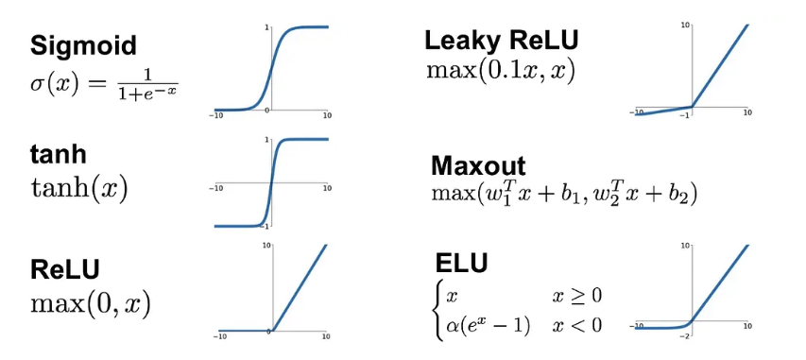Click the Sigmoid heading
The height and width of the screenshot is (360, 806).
click(84, 45)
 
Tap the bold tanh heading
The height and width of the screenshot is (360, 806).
click(58, 155)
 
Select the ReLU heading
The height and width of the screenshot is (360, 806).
click(65, 269)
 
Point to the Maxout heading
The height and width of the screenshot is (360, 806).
click(478, 166)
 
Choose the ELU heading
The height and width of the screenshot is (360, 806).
click(461, 264)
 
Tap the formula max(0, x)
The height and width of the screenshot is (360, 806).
click(91, 304)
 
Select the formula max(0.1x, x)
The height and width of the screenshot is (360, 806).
click(501, 71)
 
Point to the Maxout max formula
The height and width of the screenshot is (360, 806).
click(564, 194)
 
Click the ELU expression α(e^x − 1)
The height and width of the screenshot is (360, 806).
click(488, 325)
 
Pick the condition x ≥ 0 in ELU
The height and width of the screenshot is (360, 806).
click(575, 297)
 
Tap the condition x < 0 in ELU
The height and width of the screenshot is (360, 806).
click(576, 325)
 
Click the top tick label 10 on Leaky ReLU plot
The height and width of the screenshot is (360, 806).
click(685, 25)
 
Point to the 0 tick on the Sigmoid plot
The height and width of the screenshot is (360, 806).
click(267, 110)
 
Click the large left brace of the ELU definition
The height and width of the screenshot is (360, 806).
click(438, 311)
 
